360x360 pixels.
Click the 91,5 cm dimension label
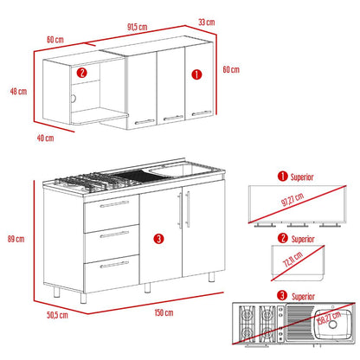coord(138,27)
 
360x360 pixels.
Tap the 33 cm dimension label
coord(207,22)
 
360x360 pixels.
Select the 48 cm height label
coord(18,92)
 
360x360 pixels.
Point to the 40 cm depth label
coord(45,138)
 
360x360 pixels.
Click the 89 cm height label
coord(16,239)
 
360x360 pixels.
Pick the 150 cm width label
coord(164,312)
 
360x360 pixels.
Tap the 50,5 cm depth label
coord(57,315)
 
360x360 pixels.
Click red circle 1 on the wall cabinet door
coord(196,74)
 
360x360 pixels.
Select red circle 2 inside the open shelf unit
coord(82,73)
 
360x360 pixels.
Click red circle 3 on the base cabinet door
coord(158,239)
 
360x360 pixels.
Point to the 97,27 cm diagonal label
coord(292,200)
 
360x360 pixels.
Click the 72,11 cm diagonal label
coord(292,259)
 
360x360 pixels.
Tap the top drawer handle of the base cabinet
coord(114,204)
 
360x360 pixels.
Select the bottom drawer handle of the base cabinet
coord(114,265)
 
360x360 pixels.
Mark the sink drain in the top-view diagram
coord(332,325)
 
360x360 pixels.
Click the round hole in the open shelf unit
coord(74,99)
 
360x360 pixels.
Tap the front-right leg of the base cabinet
coord(212,277)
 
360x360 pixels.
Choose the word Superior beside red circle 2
coord(303,240)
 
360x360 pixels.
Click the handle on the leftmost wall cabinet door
coord(145,122)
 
